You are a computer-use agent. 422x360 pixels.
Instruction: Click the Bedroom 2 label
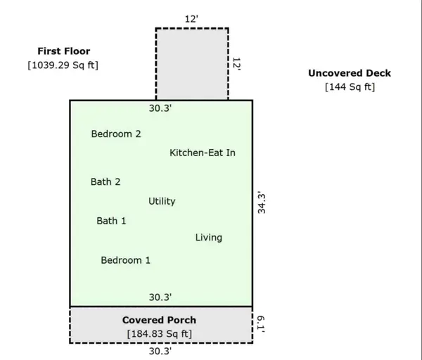click(116, 134)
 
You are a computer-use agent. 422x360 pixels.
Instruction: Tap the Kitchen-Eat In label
click(203, 153)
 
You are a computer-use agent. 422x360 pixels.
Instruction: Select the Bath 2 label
click(105, 181)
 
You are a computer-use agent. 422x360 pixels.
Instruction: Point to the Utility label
click(162, 201)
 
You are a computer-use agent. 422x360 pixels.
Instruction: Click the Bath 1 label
click(111, 221)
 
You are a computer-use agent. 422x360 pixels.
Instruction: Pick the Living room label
click(209, 238)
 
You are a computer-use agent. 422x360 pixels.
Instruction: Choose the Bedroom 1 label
click(126, 260)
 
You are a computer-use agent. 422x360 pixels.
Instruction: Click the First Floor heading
click(64, 51)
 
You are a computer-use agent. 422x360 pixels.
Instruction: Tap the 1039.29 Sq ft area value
click(63, 65)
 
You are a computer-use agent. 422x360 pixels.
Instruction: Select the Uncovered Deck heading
click(350, 73)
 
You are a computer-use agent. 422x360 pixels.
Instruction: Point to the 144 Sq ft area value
click(350, 87)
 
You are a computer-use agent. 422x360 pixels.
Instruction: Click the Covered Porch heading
click(160, 320)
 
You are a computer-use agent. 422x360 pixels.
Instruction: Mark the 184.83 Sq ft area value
click(160, 333)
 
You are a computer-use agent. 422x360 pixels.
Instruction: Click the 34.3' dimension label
click(262, 202)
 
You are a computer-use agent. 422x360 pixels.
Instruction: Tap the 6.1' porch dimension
click(260, 324)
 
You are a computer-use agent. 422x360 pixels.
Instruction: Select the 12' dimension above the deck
click(191, 19)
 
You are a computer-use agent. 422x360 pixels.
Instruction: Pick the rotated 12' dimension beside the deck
click(236, 64)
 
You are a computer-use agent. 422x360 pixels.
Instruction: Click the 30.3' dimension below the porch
click(160, 351)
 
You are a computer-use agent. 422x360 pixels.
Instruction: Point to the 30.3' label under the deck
click(160, 108)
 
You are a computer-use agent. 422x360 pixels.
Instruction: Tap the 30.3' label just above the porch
click(160, 297)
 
